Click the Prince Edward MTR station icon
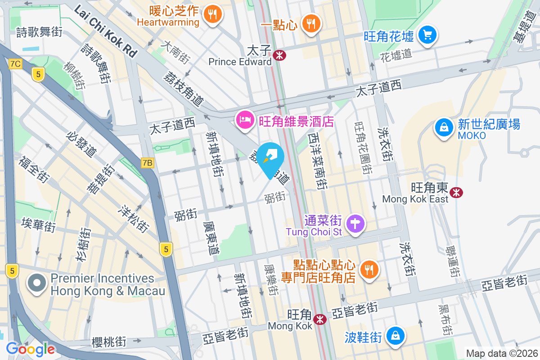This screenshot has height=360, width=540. pos(279,55)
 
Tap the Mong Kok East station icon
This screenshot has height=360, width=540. pos(457,193)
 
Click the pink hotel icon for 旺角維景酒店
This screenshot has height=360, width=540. pos(245,120)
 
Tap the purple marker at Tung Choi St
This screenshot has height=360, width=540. pos(355,224)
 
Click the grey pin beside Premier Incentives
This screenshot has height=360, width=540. pos(37,283)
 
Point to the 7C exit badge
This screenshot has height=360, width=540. pos(15,64)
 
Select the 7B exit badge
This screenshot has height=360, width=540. pos(147,163)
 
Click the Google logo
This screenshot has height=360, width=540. pos(31,349)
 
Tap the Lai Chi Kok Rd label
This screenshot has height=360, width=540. pos(105,31)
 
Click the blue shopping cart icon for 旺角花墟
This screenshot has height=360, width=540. pos(427,35)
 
